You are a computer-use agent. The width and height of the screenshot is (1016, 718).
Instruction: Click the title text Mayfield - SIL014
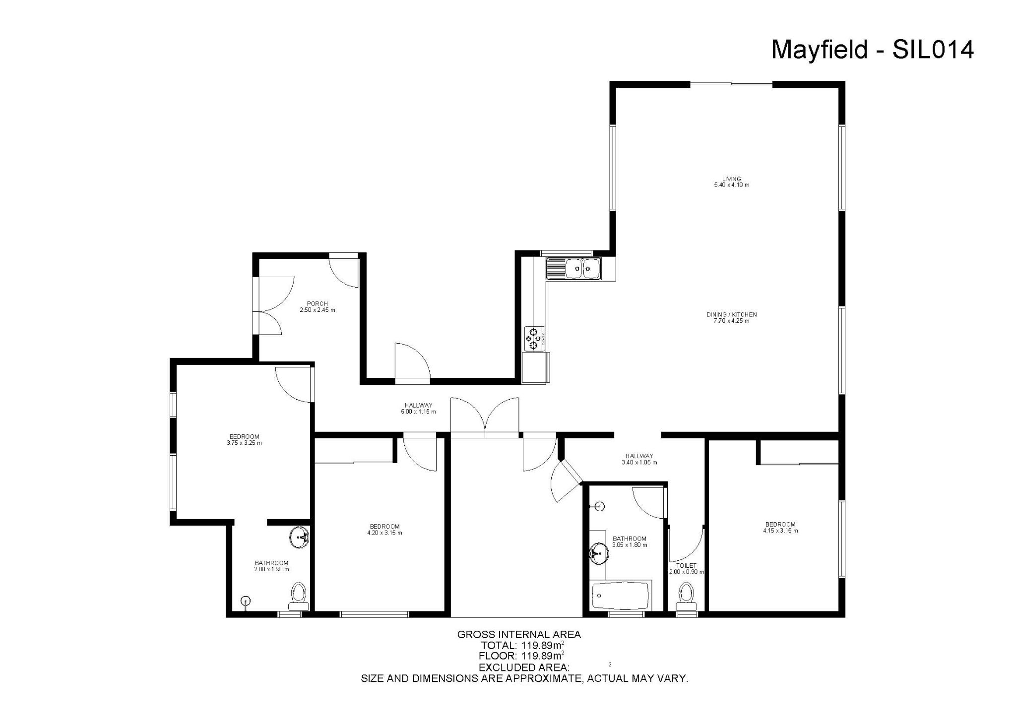[x=872, y=50]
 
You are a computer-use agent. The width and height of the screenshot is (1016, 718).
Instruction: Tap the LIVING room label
[x=731, y=179]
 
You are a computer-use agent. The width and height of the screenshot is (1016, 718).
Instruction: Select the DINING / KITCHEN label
[x=731, y=314]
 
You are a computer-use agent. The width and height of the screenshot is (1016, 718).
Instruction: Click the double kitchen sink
[x=573, y=269]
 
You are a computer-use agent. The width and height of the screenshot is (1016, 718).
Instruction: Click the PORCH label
[x=317, y=304]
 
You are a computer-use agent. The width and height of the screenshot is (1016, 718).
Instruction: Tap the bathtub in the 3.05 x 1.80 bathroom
[x=621, y=596]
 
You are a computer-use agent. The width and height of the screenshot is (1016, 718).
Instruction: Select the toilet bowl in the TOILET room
[x=686, y=593]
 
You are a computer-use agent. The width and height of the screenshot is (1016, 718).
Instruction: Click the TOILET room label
[x=686, y=565]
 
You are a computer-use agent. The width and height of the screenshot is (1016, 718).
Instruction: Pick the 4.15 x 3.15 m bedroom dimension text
[x=780, y=531]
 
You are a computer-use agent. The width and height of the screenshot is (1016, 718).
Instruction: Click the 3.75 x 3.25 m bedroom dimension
[x=244, y=443]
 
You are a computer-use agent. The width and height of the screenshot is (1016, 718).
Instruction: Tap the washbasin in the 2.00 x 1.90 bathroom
[x=300, y=538]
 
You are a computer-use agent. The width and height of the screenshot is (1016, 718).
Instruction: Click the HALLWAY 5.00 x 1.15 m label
[x=418, y=408]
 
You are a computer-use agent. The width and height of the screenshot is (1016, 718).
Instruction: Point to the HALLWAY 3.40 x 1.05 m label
[x=639, y=459]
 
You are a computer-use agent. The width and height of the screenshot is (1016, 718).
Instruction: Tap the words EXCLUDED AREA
[x=523, y=667]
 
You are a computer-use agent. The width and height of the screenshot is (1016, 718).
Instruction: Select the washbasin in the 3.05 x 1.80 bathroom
[x=599, y=553]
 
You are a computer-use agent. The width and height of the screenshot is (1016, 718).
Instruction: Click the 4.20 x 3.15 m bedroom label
[x=384, y=530]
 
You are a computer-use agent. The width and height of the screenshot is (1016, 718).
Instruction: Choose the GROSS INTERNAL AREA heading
[x=518, y=634]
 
